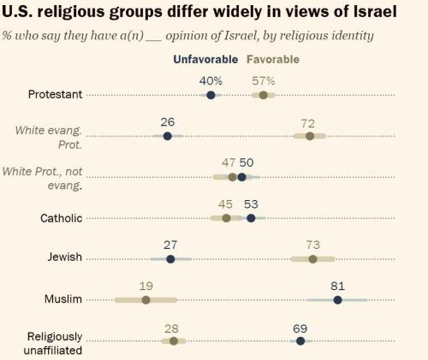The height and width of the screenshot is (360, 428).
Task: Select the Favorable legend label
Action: point(273,60)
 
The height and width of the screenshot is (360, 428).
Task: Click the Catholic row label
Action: point(62,218)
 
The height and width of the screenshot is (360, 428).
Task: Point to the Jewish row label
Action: point(63,259)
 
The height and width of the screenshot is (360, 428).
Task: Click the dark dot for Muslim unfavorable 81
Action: point(337,300)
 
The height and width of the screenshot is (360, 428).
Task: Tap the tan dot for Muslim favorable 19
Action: point(146,300)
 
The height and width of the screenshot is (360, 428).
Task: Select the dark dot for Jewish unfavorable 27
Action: point(170,259)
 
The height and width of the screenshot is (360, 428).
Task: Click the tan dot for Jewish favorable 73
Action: point(312,259)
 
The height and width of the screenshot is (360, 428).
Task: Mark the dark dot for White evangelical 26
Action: point(167,136)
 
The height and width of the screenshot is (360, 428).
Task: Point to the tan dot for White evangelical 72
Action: point(309,136)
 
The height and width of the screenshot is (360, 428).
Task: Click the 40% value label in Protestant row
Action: point(211,80)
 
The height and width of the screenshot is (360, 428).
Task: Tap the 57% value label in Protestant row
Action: point(264,80)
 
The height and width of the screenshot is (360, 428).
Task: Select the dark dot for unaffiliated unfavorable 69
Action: point(300,341)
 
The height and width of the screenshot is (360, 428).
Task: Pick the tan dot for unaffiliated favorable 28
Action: point(174,341)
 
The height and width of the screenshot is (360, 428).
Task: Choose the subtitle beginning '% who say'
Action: point(175,36)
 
